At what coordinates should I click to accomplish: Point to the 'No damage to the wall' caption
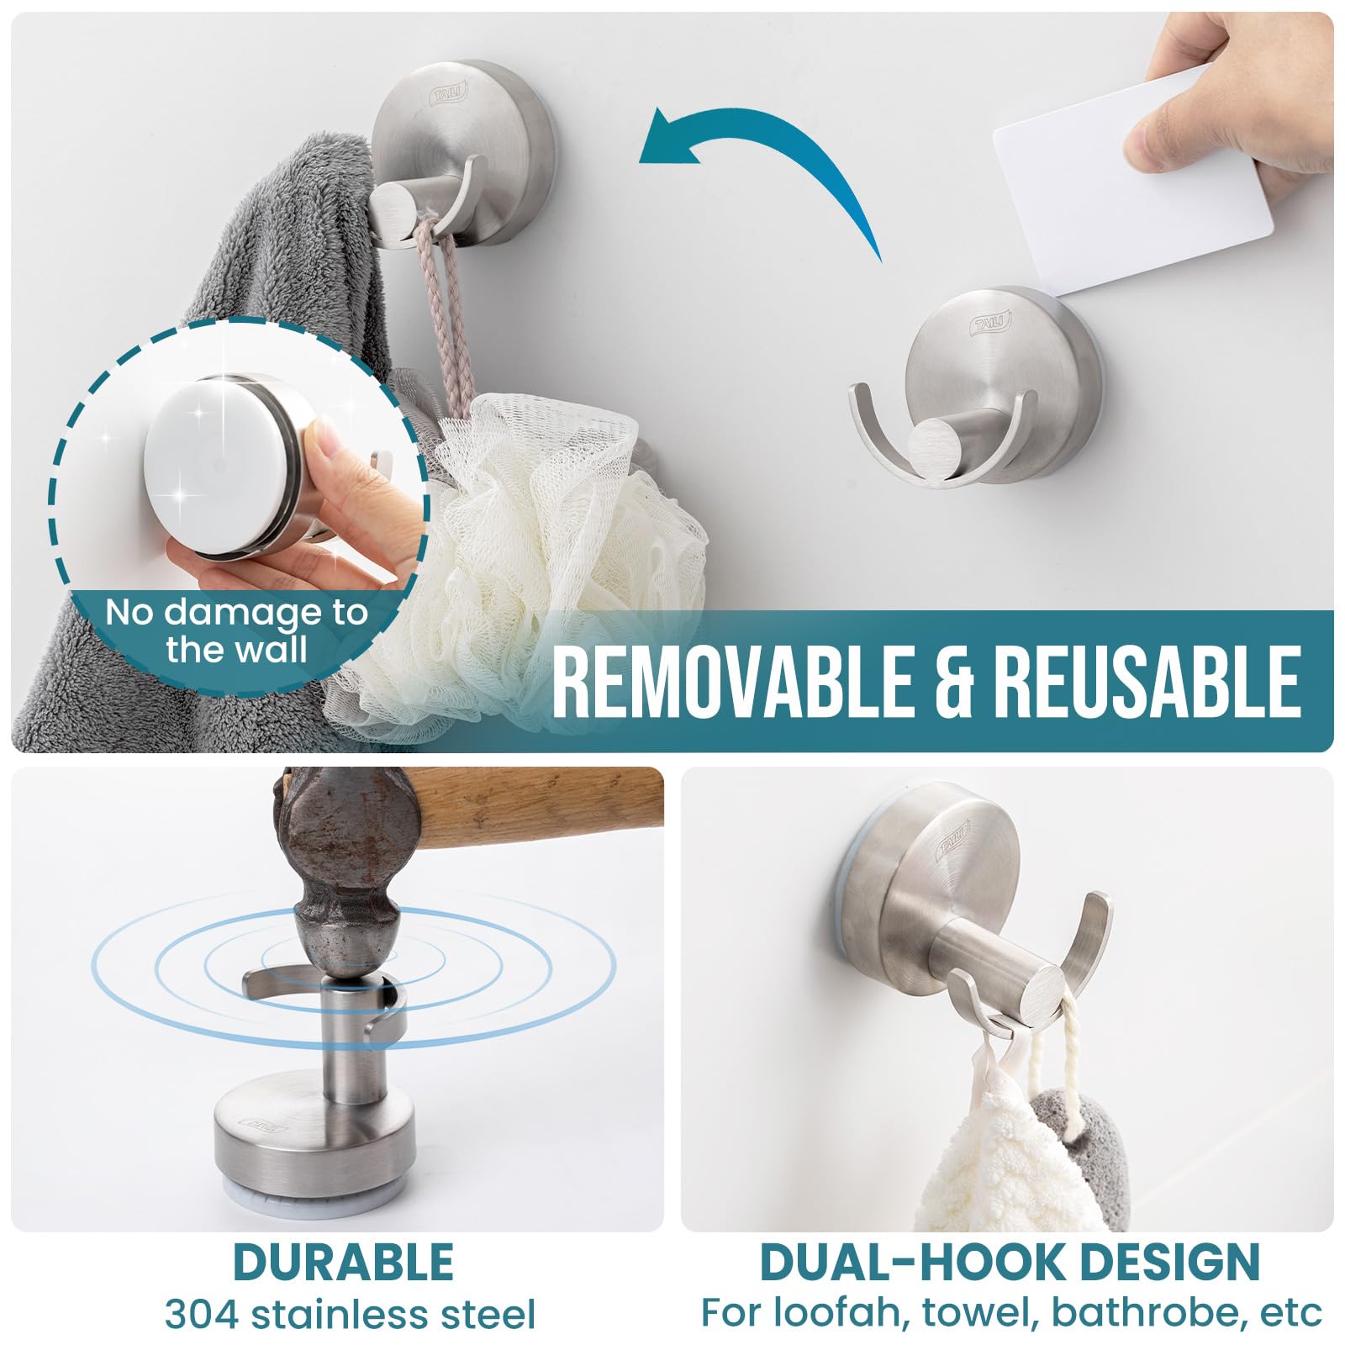point(236,630)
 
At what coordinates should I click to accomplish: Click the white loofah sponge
point(538,555)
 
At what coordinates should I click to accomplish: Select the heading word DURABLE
point(343,1262)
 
